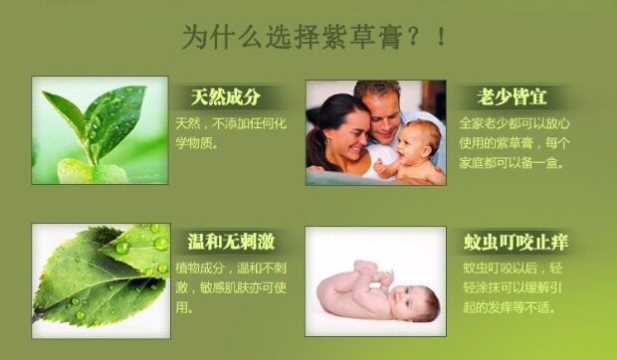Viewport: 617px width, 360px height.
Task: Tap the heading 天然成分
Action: tap(226, 97)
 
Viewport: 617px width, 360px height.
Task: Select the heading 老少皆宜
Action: tap(512, 97)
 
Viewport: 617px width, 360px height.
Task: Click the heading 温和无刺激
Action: tap(231, 242)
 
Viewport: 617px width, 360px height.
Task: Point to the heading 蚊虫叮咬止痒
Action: tap(515, 242)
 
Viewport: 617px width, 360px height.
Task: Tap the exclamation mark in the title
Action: tap(441, 37)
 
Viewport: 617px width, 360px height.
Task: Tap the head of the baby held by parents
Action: tap(419, 140)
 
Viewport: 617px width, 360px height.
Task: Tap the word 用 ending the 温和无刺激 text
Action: tap(181, 307)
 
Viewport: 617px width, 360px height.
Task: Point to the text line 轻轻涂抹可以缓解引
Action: tap(513, 287)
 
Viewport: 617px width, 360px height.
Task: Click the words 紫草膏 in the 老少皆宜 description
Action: tap(515, 143)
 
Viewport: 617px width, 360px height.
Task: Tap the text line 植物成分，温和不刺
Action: tap(231, 269)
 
